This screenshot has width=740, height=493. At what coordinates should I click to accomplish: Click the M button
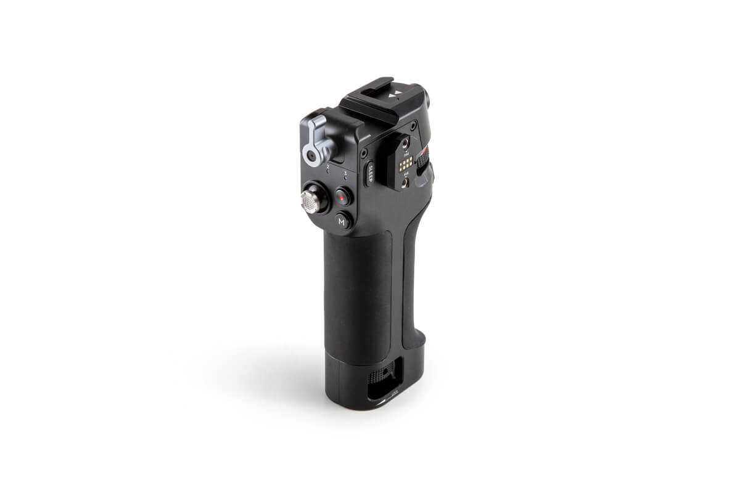pyautogui.click(x=342, y=221)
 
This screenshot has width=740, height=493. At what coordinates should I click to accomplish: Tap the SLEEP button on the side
pyautogui.click(x=371, y=173)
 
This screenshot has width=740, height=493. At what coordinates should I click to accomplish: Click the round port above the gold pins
pyautogui.click(x=405, y=145)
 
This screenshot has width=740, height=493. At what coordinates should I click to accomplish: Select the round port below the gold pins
pyautogui.click(x=405, y=183)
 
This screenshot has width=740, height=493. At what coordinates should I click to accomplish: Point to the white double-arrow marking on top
pyautogui.click(x=398, y=94)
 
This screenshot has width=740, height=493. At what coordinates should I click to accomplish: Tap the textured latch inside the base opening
pyautogui.click(x=384, y=373)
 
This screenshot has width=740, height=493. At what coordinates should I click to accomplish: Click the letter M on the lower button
pyautogui.click(x=342, y=221)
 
